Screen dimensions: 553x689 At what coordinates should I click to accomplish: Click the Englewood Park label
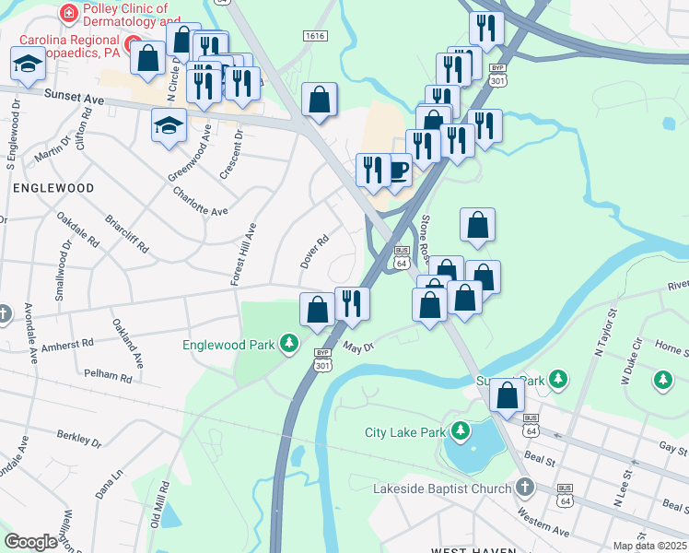click(228, 345)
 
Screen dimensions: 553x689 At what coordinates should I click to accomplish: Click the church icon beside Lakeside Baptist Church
click(524, 487)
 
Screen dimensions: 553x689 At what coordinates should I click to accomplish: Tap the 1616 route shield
click(314, 35)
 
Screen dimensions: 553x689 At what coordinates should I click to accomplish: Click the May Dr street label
click(358, 347)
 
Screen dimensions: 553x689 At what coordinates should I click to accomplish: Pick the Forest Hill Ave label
click(244, 253)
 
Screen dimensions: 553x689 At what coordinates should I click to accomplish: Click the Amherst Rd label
click(67, 346)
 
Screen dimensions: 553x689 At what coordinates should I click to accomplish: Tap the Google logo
click(31, 541)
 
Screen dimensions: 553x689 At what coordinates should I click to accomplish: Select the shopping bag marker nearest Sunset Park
click(506, 395)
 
